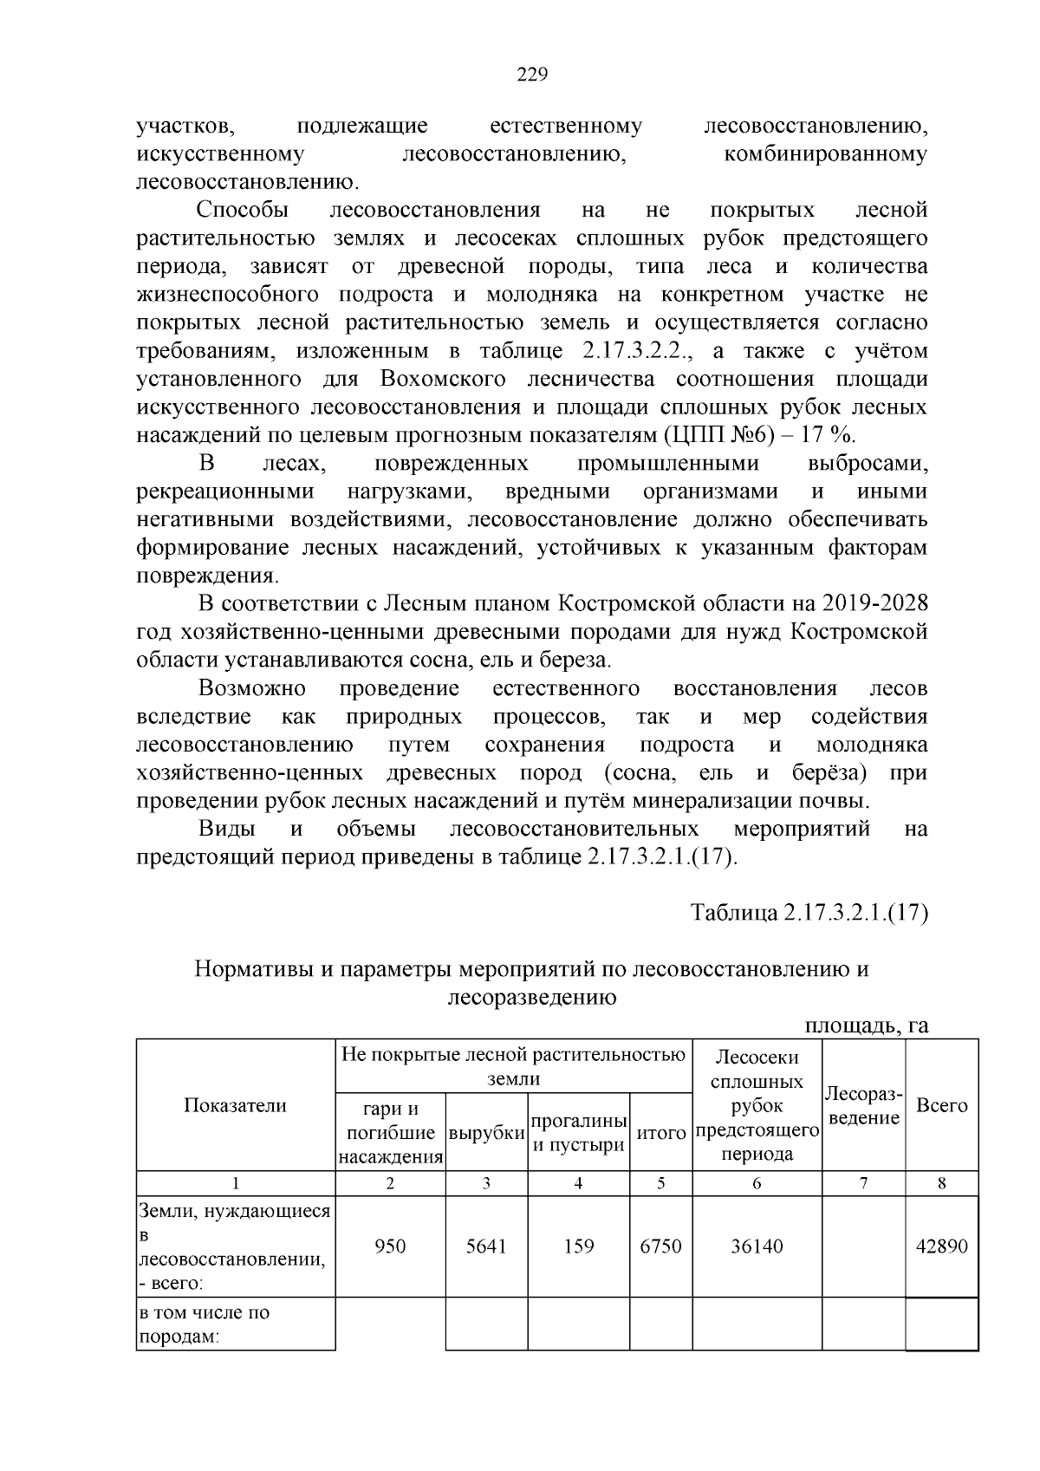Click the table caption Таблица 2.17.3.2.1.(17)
pyautogui.click(x=809, y=913)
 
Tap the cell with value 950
pyautogui.click(x=390, y=1246)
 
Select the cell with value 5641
pyautogui.click(x=486, y=1246)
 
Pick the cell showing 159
pyautogui.click(x=578, y=1246)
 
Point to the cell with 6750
pyautogui.click(x=660, y=1246)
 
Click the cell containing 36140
pyautogui.click(x=757, y=1246)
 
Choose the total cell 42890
pyautogui.click(x=942, y=1246)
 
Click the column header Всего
pyautogui.click(x=942, y=1105)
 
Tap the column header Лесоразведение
pyautogui.click(x=864, y=1105)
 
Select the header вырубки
pyautogui.click(x=486, y=1133)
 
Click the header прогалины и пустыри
pyautogui.click(x=578, y=1133)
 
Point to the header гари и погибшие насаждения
pyautogui.click(x=390, y=1133)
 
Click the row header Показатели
pyautogui.click(x=235, y=1105)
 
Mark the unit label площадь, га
pyautogui.click(x=867, y=1026)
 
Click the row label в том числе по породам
pyautogui.click(x=205, y=1325)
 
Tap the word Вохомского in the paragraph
pyautogui.click(x=443, y=380)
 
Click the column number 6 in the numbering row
pyautogui.click(x=757, y=1184)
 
